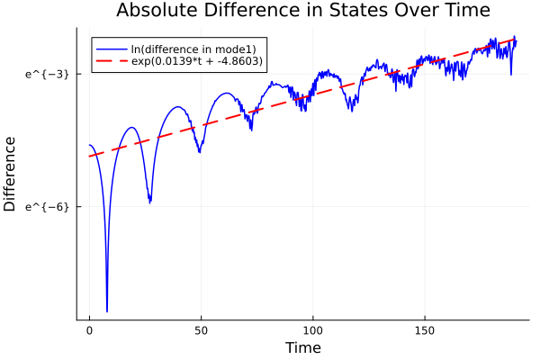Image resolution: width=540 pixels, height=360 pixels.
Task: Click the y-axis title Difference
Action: coord(10,173)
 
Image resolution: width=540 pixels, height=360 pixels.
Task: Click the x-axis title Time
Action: coord(302,347)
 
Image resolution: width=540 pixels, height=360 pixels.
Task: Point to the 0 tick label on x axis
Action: coord(89,331)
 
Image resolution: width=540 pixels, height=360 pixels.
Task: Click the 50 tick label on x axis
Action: coord(201,331)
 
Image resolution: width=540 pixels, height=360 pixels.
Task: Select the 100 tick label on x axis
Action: coord(312,331)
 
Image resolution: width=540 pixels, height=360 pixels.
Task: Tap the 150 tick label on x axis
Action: coord(424,331)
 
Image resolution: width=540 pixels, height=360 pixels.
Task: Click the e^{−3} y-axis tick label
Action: coord(48,74)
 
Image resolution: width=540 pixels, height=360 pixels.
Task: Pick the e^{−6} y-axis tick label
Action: coord(48,207)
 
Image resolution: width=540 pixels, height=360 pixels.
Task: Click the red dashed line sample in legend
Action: coord(112,61)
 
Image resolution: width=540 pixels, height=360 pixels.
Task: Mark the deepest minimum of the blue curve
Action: coord(106,310)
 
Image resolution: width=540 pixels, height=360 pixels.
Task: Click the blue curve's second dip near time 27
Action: coord(150,202)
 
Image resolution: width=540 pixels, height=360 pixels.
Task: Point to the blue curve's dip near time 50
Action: coord(200,152)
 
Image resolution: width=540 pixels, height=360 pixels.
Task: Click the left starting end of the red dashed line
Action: coord(90,157)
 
